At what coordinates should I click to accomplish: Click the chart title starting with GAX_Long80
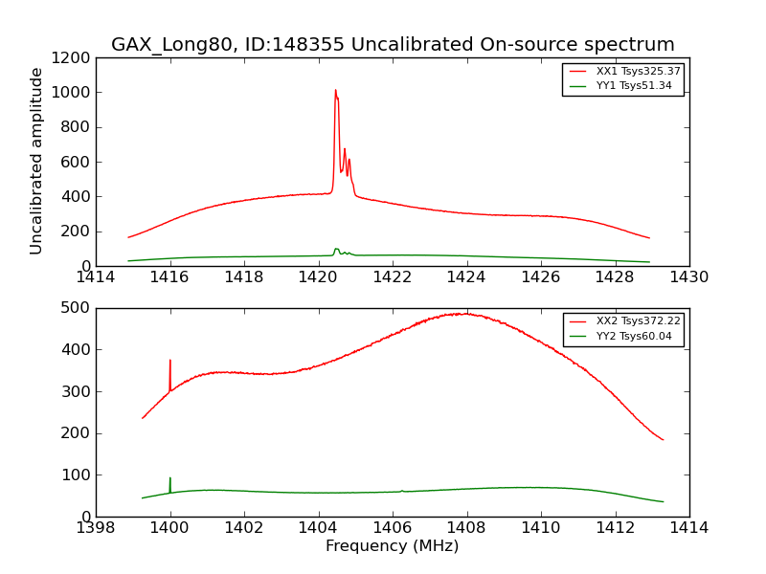pos(393,45)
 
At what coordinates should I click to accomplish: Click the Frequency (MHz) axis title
pos(392,546)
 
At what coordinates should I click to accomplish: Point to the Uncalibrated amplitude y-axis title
pos(37,161)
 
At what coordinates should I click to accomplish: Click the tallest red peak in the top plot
pos(335,91)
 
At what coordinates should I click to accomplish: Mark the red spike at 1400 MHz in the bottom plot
pos(170,362)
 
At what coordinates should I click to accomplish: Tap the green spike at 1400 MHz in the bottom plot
pos(170,478)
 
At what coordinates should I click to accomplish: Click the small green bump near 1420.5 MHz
pos(336,250)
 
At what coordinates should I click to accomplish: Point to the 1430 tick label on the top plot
pos(688,276)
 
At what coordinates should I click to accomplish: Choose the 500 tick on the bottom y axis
pos(79,308)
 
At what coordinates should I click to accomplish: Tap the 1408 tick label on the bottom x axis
pos(466,527)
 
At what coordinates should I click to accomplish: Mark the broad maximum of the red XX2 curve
pos(464,314)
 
